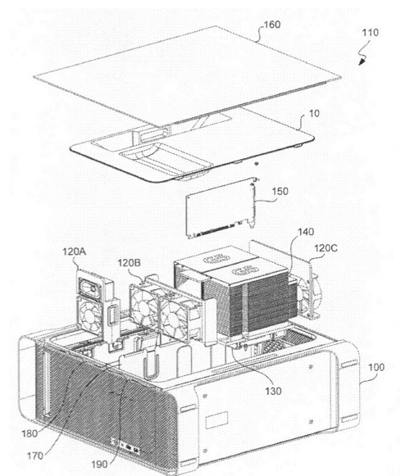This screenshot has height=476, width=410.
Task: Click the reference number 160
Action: click(x=271, y=25)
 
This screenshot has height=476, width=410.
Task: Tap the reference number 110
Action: click(x=370, y=33)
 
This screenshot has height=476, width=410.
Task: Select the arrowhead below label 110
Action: click(x=362, y=61)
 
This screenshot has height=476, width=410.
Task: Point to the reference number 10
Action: click(x=314, y=114)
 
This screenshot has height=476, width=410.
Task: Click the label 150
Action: click(x=280, y=191)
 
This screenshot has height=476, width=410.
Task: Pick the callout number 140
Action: click(x=305, y=232)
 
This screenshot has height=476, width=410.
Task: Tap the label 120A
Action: click(x=74, y=252)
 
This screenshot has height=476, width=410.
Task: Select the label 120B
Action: click(x=129, y=263)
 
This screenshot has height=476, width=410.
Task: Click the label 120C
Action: click(x=326, y=248)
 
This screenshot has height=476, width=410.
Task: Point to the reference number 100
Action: click(x=376, y=367)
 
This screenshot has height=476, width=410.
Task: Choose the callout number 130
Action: click(x=273, y=392)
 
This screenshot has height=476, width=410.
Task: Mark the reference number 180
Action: click(x=30, y=433)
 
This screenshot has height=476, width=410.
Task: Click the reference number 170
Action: click(x=35, y=456)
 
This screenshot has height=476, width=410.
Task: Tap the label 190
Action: click(x=99, y=465)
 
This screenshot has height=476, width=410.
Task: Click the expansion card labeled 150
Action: click(x=221, y=208)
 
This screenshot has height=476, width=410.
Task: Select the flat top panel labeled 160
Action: click(x=187, y=76)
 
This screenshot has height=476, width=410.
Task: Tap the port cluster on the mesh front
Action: click(x=125, y=447)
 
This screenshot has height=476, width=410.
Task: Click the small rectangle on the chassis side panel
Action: click(x=216, y=419)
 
